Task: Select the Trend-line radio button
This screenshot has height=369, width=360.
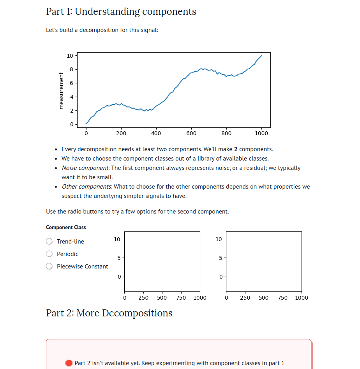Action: pos(49,242)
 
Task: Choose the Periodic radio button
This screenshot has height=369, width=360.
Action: pos(49,254)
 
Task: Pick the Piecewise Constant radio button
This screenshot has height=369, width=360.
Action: pos(49,267)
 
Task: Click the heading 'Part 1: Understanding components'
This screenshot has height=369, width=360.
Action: pos(121,12)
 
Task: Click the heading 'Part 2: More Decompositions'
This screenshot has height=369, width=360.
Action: pos(109,313)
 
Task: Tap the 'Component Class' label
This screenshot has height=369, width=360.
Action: pos(66,228)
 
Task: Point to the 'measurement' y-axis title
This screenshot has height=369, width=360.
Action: pos(61,90)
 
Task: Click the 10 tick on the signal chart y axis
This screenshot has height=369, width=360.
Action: pos(70,56)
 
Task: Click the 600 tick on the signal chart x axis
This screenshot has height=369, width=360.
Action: pos(191,133)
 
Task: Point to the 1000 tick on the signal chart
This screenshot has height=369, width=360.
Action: pos(261,133)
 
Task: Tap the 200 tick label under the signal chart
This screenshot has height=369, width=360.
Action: pos(121,133)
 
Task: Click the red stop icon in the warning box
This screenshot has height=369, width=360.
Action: pos(69,363)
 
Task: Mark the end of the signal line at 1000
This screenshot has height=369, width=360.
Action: pos(261,55)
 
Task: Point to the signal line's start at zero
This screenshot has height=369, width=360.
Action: pos(86,124)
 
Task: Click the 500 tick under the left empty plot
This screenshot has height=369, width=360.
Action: pos(162,298)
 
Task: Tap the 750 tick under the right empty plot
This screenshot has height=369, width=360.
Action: pos(283,298)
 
